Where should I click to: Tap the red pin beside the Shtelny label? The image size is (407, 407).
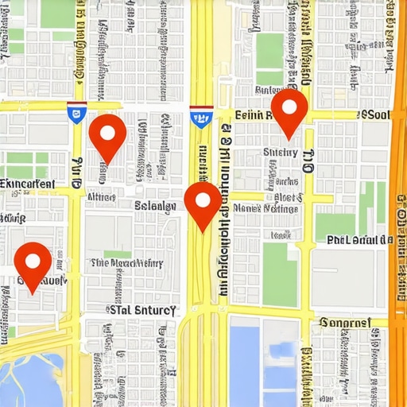(x=289, y=112)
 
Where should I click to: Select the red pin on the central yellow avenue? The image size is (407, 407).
(x=203, y=203)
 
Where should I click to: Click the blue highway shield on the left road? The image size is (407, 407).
(x=76, y=113)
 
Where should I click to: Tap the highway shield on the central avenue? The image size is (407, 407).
(x=201, y=117)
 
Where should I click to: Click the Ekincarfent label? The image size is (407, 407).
(x=28, y=184)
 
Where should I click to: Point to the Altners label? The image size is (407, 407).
(x=101, y=196)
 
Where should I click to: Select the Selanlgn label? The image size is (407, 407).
(x=155, y=206)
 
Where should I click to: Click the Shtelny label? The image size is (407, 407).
(x=280, y=153)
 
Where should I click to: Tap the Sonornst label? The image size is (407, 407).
(x=345, y=323)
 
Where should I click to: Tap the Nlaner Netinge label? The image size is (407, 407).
(x=267, y=208)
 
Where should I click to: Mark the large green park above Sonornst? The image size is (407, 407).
(x=279, y=275)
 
